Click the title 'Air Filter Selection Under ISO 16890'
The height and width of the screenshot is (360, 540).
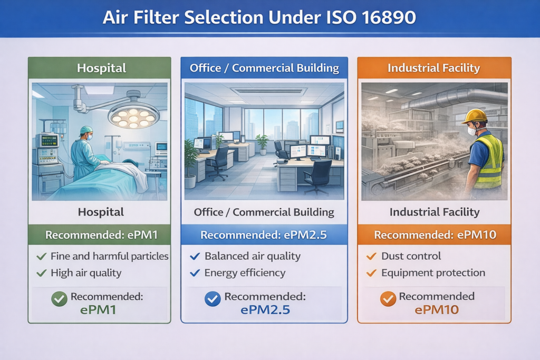(259, 17)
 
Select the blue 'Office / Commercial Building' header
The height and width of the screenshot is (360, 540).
(264, 68)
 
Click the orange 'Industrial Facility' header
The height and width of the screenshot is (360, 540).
(433, 68)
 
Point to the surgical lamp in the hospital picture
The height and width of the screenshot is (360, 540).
(133, 113)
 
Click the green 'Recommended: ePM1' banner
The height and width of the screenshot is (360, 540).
(100, 235)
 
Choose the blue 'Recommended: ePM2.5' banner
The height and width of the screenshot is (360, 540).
(264, 235)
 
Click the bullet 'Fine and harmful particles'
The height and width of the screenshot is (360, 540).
(109, 257)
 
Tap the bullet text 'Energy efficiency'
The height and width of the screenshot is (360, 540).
(245, 273)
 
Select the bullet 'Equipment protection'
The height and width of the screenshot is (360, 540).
(433, 273)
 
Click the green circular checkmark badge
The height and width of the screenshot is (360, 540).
(59, 299)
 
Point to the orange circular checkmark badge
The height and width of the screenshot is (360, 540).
(388, 299)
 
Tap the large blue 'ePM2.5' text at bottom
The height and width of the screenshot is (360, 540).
(265, 310)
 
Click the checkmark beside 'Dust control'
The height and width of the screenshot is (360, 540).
(371, 257)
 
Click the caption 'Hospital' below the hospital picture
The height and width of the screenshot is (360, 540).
(101, 212)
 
